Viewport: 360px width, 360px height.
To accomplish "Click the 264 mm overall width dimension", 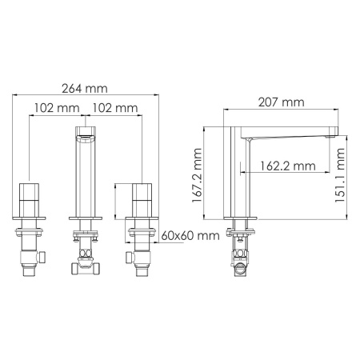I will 86,89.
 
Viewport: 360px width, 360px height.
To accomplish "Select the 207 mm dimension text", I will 282,102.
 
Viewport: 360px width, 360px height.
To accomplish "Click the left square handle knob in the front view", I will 30,194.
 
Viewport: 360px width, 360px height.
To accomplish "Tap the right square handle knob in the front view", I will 142,194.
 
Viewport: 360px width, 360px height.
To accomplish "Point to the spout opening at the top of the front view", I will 86,135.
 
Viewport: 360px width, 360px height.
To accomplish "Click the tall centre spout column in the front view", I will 86,176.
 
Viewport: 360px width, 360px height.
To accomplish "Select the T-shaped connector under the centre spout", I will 86,261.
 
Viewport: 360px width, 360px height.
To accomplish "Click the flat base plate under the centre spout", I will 86,218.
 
